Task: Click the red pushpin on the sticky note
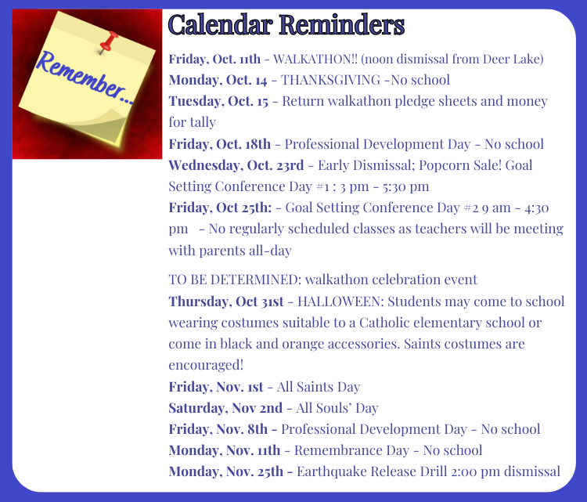coord(108,42)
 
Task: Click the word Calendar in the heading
coord(221,25)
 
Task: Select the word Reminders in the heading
coord(342,25)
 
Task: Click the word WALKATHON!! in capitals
coord(315,60)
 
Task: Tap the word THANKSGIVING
coord(330,80)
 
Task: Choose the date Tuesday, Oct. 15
coord(218,102)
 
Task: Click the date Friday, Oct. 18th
coord(219,144)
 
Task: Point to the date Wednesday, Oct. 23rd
coord(236,165)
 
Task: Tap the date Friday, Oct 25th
coord(220,208)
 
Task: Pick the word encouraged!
coord(206,365)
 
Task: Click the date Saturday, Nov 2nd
coord(225,408)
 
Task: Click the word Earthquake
coord(332,471)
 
